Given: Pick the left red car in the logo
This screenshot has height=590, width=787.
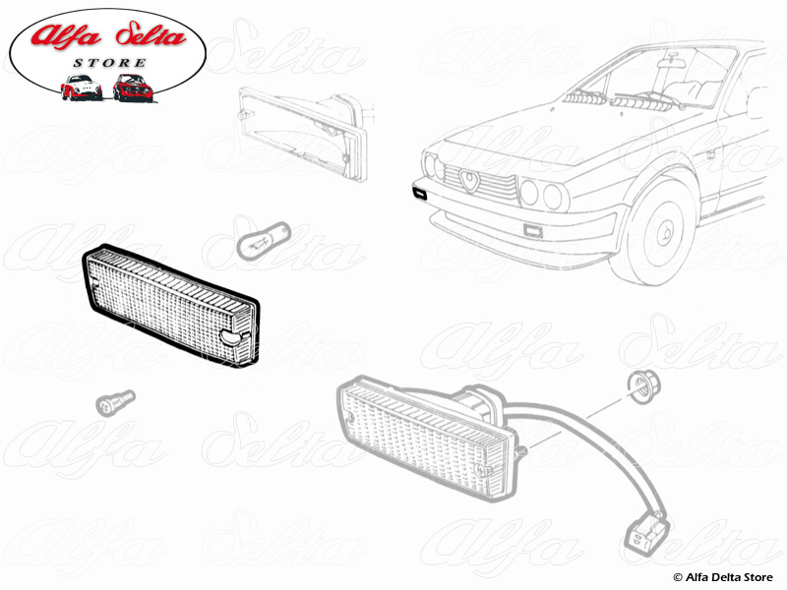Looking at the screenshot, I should point(81,88).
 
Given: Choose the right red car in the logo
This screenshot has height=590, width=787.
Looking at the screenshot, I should point(130,88).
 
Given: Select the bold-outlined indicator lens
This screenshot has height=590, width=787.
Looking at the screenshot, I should point(167,306).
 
